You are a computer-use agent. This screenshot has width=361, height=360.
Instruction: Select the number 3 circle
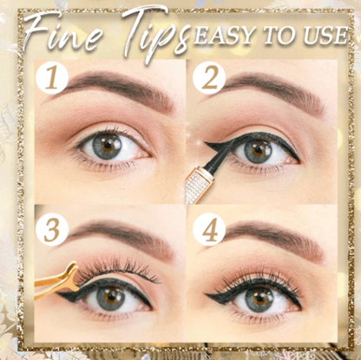click(x=53, y=231)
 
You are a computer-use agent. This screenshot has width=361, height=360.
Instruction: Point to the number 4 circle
click(x=208, y=232)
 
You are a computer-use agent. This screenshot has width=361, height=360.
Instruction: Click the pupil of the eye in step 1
click(x=108, y=144)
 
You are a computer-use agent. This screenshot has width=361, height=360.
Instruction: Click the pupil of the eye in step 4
click(x=259, y=298)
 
